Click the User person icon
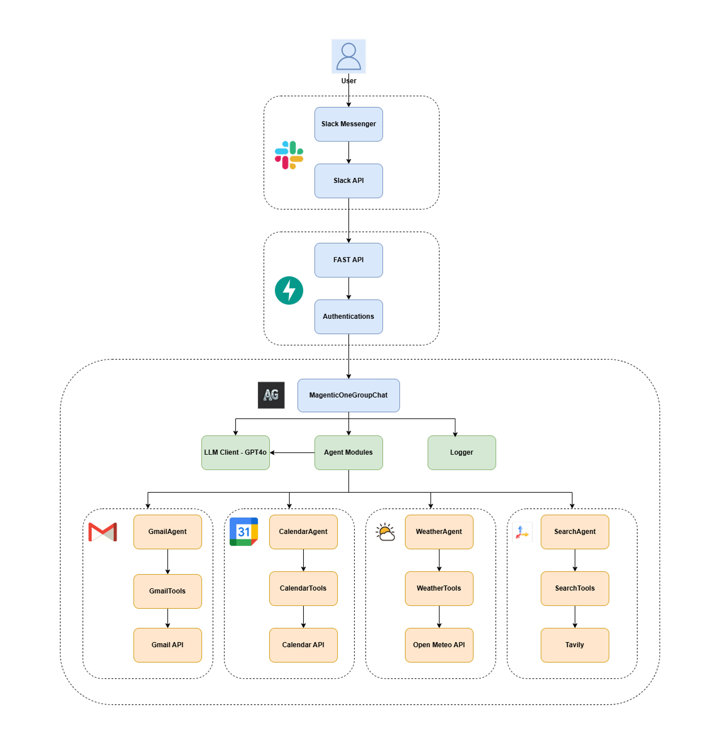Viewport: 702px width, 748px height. (x=348, y=56)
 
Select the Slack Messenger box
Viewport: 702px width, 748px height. (x=348, y=124)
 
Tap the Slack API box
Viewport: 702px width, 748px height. (x=348, y=181)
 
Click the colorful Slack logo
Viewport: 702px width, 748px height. (x=289, y=155)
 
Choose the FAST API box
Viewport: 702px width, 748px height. (x=348, y=260)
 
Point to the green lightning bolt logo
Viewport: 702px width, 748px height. (x=289, y=290)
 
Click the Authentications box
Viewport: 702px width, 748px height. (x=348, y=317)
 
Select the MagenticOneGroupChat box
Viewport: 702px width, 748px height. (x=348, y=395)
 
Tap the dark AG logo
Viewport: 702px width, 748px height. (x=271, y=395)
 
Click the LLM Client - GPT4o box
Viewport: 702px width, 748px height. (x=235, y=452)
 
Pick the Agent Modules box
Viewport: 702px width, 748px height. (x=348, y=452)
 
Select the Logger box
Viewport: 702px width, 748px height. (x=462, y=452)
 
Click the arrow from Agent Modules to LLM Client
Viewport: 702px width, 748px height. (x=292, y=452)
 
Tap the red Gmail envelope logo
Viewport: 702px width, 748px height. (x=102, y=532)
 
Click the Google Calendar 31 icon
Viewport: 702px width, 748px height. (x=244, y=532)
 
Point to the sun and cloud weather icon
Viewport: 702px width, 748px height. (x=385, y=532)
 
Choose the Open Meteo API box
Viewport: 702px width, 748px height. (x=439, y=645)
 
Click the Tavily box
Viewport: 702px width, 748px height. (x=575, y=645)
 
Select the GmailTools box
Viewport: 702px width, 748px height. (x=167, y=591)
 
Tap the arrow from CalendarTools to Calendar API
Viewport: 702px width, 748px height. (x=303, y=617)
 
